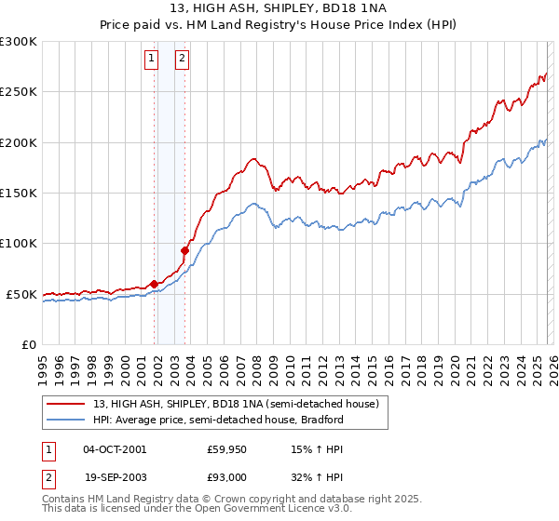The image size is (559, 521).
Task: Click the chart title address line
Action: [279, 8]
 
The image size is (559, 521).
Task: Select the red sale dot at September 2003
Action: [185, 250]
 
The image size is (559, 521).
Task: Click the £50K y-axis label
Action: [20, 294]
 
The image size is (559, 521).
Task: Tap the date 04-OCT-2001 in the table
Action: [115, 449]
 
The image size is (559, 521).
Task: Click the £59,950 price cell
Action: [227, 449]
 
